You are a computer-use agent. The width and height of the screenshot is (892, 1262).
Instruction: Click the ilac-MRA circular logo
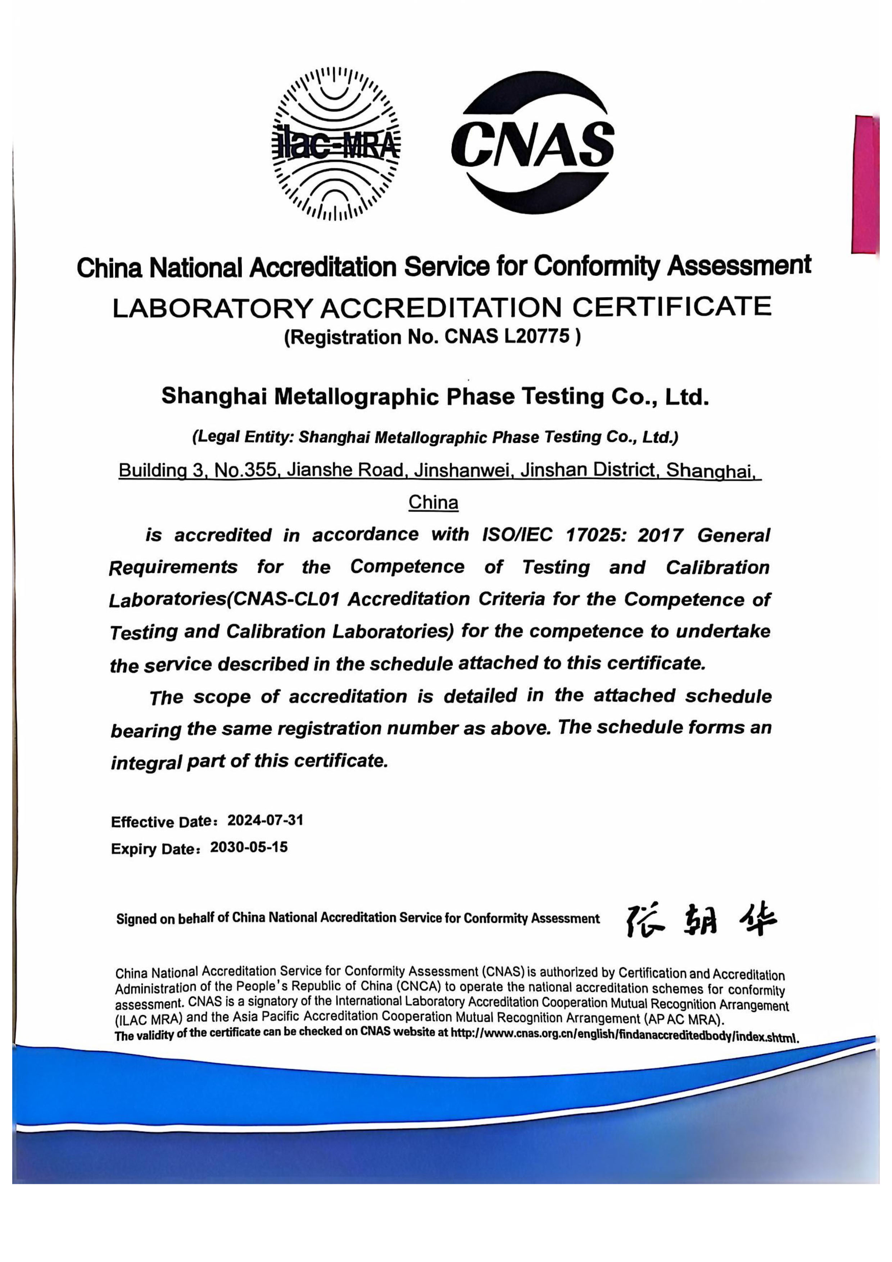336,145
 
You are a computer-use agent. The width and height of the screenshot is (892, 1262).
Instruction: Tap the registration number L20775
536,337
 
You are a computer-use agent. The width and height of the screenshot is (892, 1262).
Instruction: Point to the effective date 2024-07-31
266,821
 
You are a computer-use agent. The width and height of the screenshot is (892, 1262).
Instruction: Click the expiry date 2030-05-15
249,847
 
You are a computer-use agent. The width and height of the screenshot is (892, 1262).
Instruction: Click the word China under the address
433,502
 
